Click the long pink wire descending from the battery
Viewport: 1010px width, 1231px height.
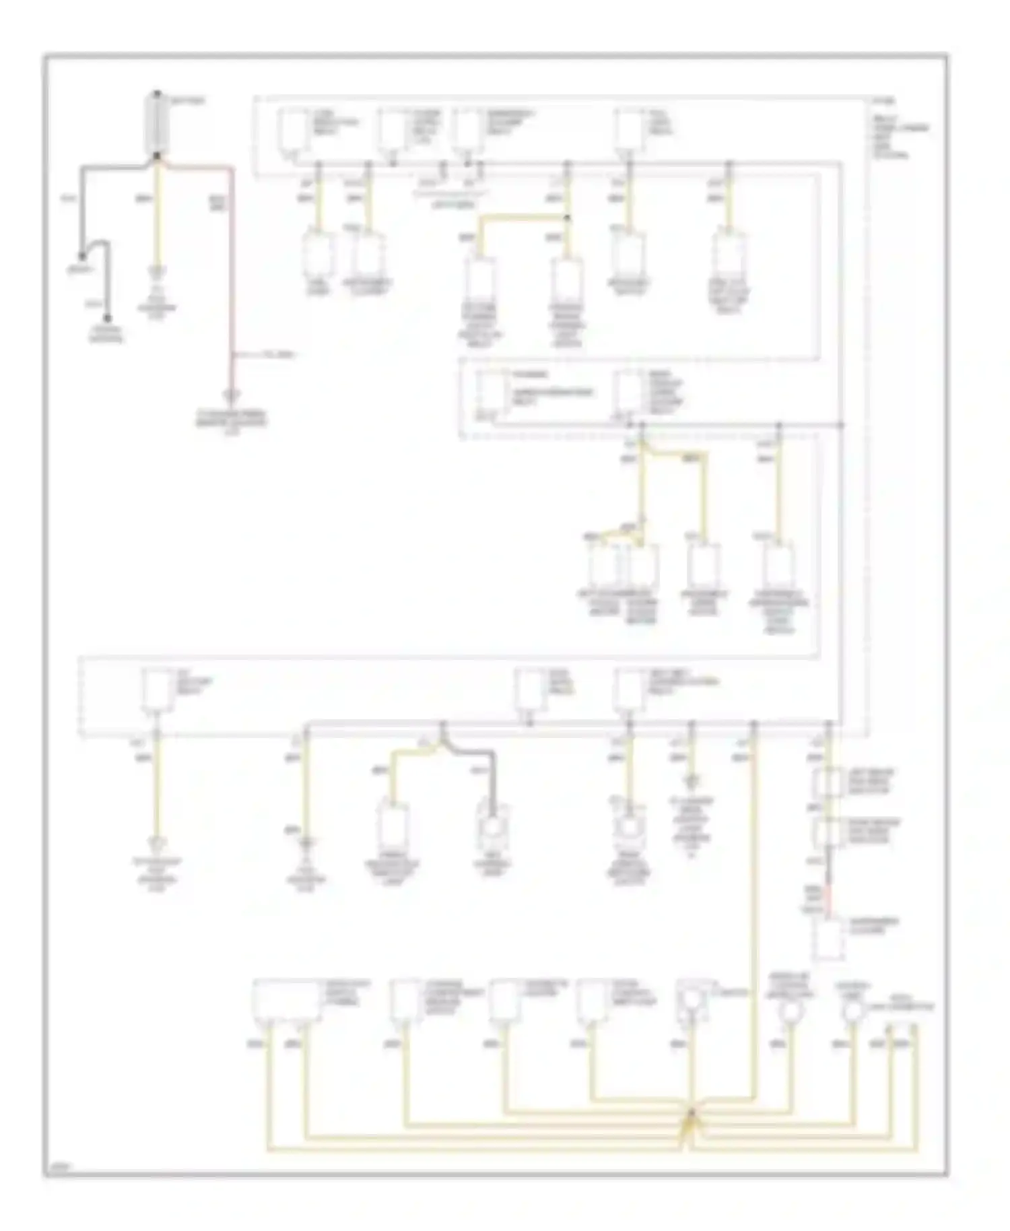tap(232, 283)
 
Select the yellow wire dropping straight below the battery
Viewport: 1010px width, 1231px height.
tap(158, 215)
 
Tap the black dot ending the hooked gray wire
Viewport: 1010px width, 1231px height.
tap(107, 319)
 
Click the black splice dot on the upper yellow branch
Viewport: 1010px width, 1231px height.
tap(568, 218)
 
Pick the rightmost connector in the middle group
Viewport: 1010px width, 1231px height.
tap(779, 564)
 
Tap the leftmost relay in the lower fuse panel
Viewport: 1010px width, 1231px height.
tap(158, 691)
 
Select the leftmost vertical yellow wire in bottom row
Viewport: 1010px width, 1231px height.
tap(268, 1091)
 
